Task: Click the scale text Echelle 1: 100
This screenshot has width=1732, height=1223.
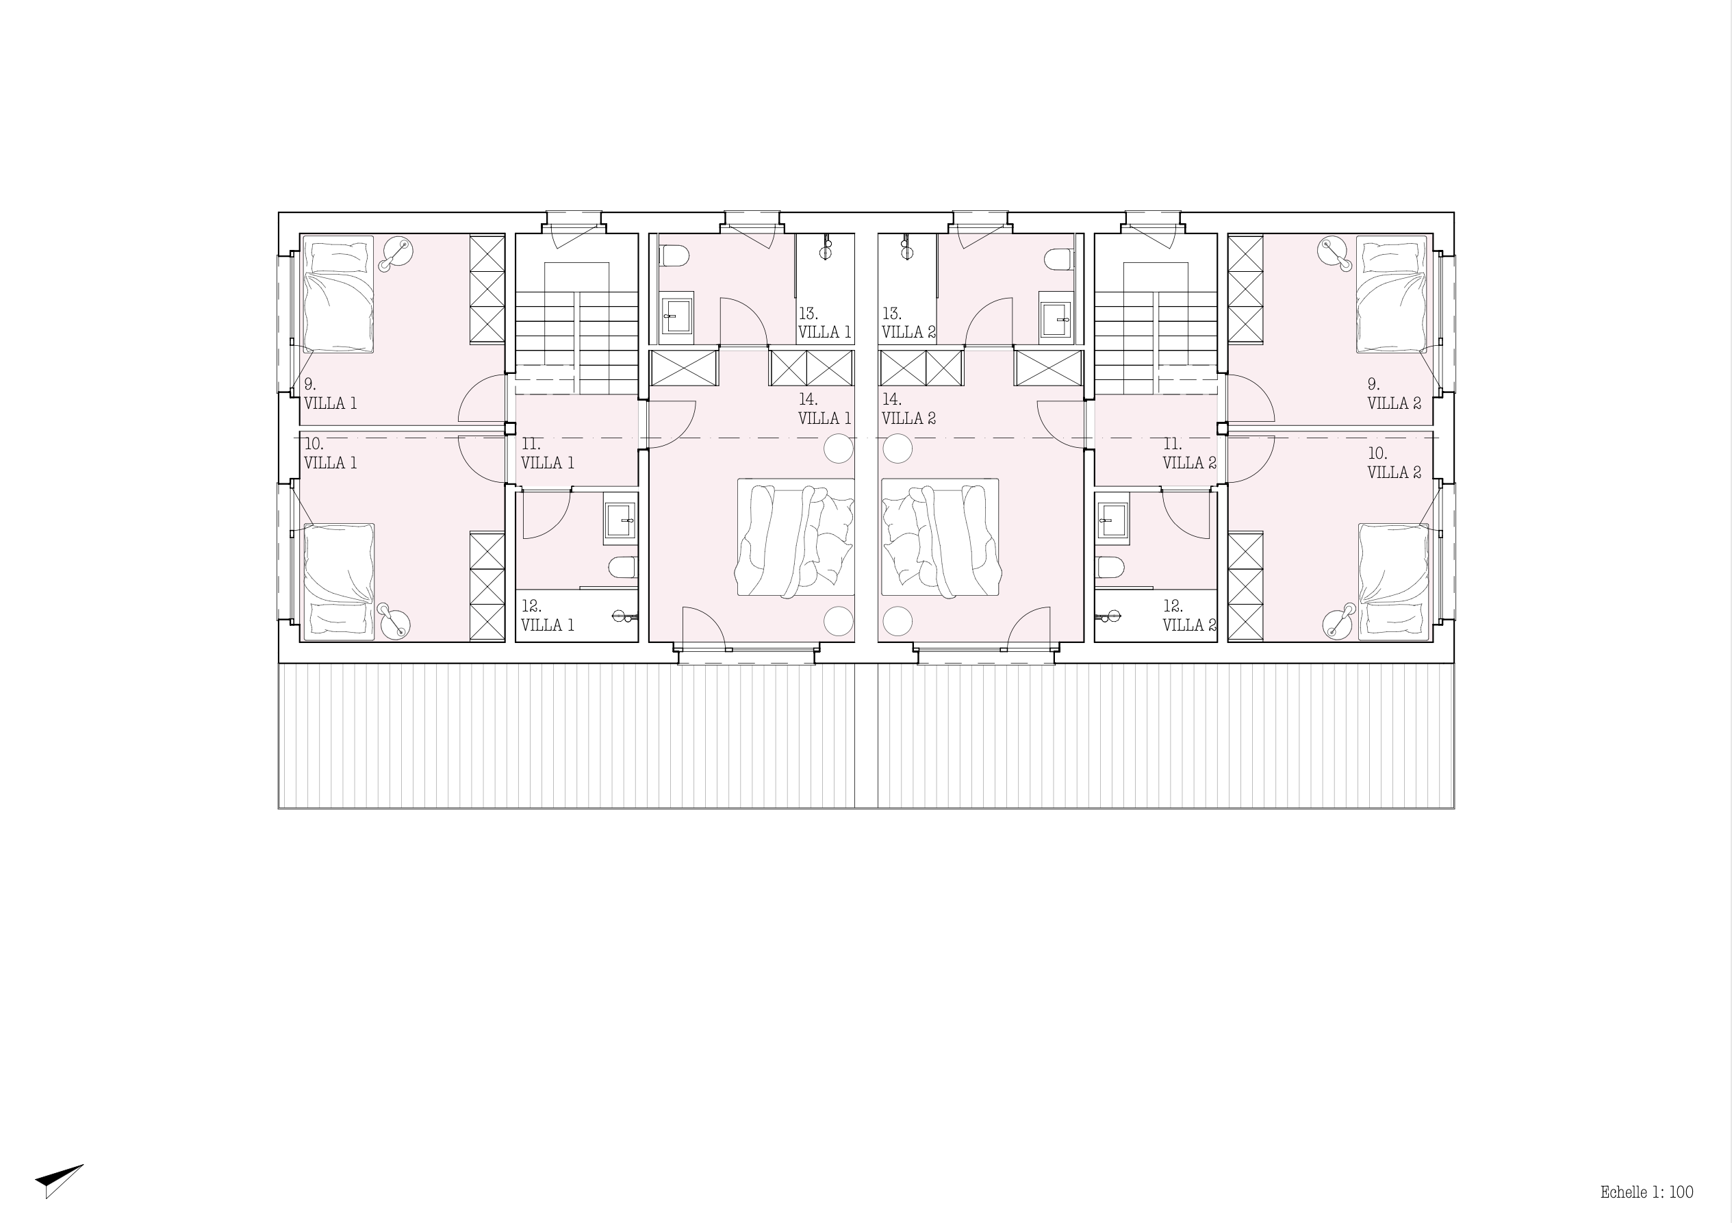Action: point(1646,1192)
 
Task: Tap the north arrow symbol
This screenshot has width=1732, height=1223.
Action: point(58,1179)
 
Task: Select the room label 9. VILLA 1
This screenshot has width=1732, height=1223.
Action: point(331,394)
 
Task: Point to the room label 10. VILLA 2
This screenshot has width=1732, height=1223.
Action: point(1394,463)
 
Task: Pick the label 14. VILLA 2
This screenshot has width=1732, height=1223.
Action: point(909,409)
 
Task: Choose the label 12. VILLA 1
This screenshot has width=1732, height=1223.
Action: point(548,616)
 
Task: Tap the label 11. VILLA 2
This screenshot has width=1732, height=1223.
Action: point(1190,453)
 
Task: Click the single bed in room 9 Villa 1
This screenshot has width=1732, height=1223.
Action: point(338,294)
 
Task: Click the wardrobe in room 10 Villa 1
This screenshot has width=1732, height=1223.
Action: point(487,586)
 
